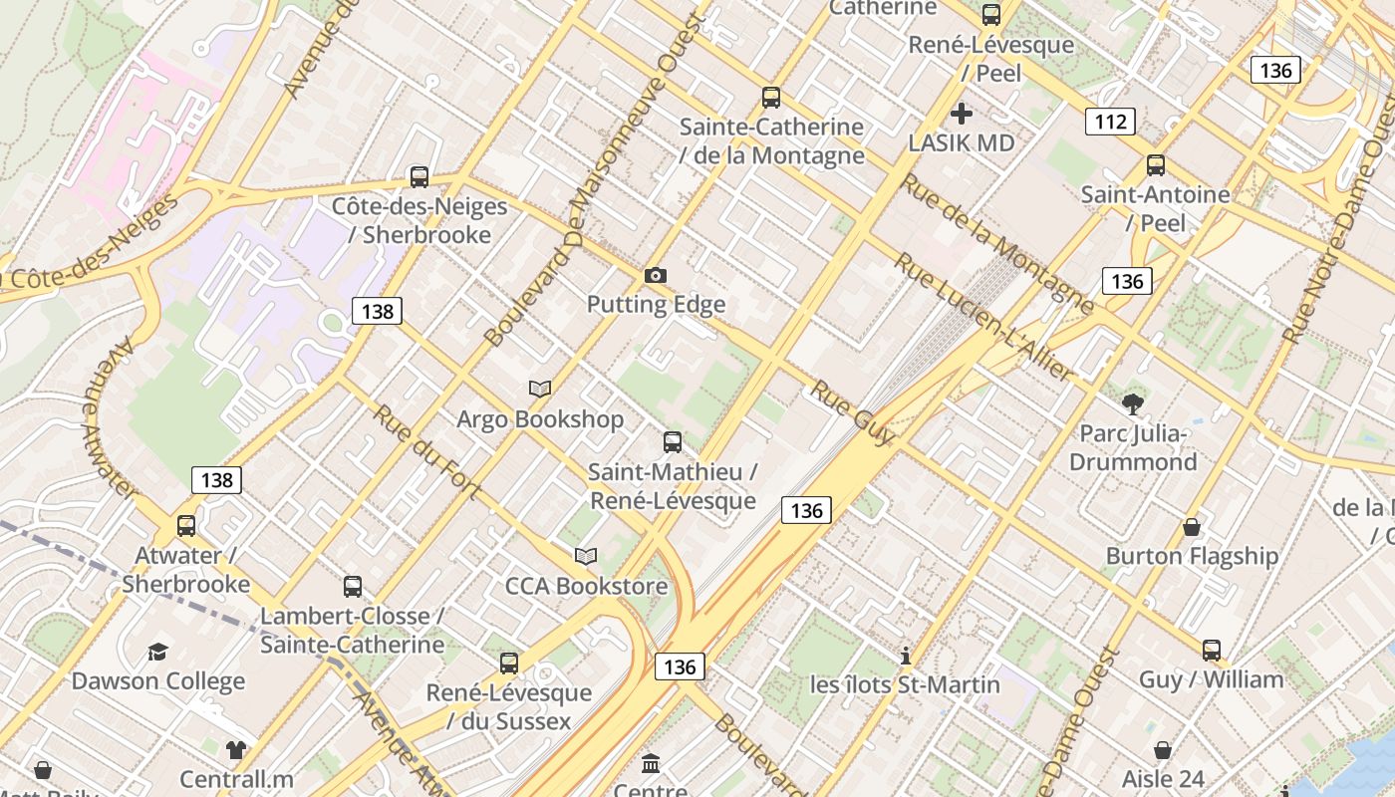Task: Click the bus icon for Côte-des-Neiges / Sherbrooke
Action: point(419,177)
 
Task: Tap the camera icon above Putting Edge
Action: point(656,275)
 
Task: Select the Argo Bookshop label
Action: point(540,419)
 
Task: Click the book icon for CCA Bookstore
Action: point(586,556)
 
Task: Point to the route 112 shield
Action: point(1110,122)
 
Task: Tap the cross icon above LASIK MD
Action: point(962,114)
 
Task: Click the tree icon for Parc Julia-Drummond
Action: point(1132,403)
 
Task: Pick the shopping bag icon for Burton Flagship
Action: point(1192,527)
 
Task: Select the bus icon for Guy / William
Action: point(1212,651)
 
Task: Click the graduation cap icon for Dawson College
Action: point(158,653)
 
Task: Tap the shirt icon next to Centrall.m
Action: point(236,749)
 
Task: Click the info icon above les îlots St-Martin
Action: point(906,656)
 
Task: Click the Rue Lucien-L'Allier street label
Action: point(982,317)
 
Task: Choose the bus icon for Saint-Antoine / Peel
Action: point(1156,165)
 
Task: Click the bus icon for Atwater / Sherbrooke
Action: point(186,526)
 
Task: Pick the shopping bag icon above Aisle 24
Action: point(1163,750)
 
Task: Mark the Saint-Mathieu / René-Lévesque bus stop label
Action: point(673,485)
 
